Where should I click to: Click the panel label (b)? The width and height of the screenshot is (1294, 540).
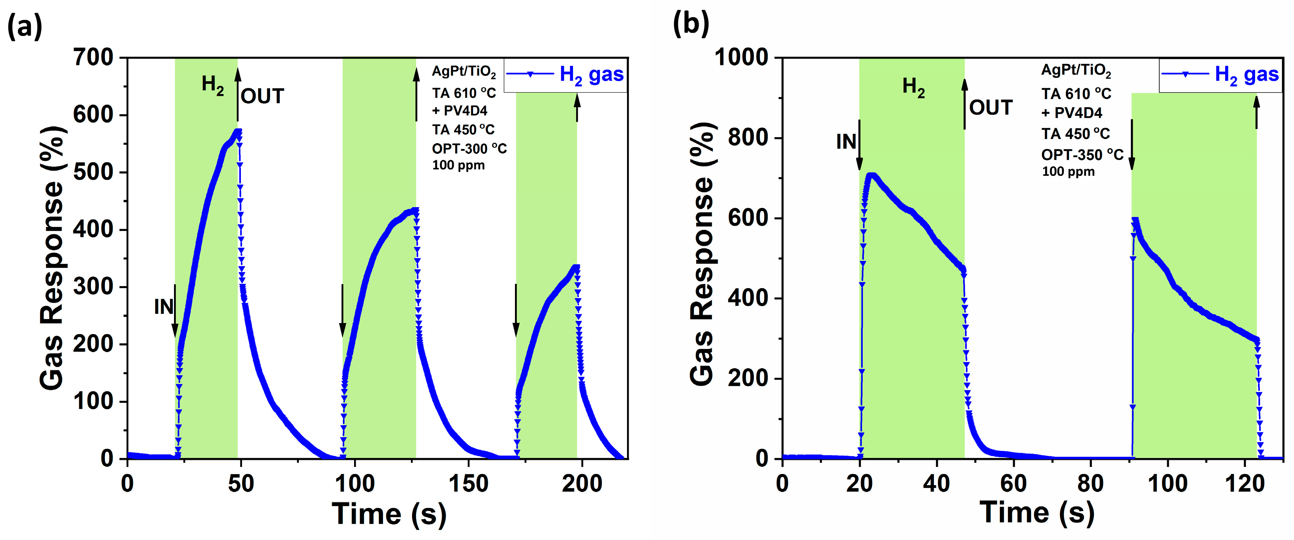click(691, 23)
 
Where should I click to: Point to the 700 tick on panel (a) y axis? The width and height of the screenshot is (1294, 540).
click(94, 57)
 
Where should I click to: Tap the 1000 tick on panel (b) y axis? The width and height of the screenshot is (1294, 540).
click(741, 57)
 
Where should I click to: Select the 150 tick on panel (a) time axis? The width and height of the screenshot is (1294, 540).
click(468, 484)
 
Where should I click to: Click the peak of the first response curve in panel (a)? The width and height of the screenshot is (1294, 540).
click(238, 132)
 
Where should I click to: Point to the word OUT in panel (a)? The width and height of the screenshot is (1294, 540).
click(262, 96)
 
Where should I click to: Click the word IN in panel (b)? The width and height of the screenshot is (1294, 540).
click(846, 142)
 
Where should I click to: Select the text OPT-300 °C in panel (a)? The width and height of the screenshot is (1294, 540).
click(469, 149)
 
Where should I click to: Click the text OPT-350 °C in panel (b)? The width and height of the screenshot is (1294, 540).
click(1082, 155)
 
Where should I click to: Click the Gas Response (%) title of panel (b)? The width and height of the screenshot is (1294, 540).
click(702, 253)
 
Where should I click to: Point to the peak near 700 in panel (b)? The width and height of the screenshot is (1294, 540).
click(871, 175)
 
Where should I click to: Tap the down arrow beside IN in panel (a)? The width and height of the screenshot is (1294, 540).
click(175, 311)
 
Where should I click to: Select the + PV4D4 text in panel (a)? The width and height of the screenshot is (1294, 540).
click(460, 110)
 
